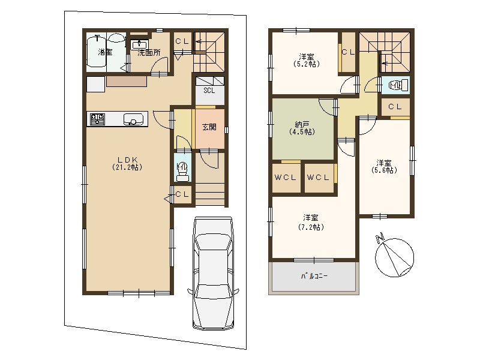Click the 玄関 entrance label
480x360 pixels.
(209, 127)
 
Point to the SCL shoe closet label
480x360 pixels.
(209, 91)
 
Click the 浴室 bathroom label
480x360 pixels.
(105, 52)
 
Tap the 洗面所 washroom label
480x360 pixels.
(148, 53)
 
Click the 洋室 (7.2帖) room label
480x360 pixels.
(310, 222)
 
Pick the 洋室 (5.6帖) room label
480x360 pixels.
(385, 166)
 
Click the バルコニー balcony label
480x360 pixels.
(314, 277)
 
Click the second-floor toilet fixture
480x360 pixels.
(397, 86)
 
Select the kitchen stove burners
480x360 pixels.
(97, 119)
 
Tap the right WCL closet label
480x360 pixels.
(318, 178)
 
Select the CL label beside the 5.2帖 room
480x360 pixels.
(348, 52)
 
